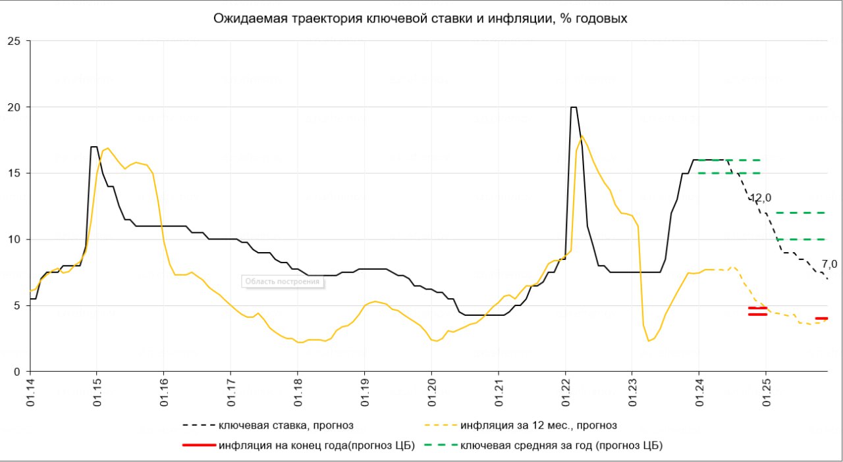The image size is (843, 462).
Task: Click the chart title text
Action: pos(420,18)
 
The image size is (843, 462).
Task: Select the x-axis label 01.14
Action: pos(30,394)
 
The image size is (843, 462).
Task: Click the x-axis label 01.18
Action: pos(298,394)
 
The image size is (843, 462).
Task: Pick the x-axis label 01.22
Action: pos(565,394)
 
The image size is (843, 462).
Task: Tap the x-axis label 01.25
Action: pos(766,394)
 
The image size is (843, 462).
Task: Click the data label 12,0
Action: pos(760,198)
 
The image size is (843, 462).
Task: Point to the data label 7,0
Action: pos(829,264)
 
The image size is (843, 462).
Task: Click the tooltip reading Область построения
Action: pos(282,282)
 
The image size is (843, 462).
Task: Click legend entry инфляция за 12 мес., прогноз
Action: pos(539,425)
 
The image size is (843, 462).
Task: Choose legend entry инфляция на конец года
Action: pos(317,446)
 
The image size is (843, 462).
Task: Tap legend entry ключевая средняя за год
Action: pos(561,446)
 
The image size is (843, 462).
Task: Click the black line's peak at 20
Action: pos(574,107)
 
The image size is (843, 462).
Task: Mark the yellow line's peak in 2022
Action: pos(582,136)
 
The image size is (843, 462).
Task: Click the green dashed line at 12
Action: pos(800,213)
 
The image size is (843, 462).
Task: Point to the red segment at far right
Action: pos(821,319)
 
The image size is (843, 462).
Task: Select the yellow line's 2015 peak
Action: pos(108,148)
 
